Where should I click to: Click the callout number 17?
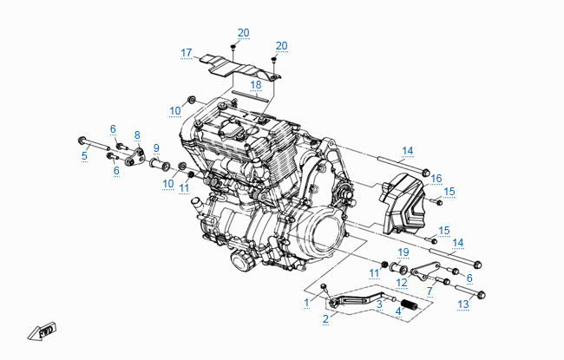[186, 53]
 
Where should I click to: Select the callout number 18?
[255, 85]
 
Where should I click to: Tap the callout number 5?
[84, 156]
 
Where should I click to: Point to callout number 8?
[136, 134]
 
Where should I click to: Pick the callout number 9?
[156, 147]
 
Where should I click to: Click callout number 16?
[436, 178]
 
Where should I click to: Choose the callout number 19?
[403, 252]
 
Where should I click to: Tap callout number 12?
[402, 283]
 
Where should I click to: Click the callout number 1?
[306, 302]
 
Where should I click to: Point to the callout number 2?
[325, 318]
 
